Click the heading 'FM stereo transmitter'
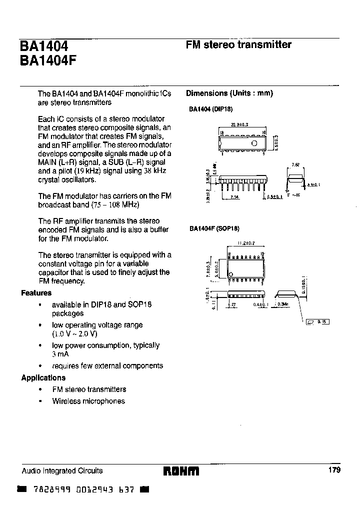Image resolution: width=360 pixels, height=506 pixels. click(238, 44)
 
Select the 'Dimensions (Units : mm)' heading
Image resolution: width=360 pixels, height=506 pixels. click(229, 93)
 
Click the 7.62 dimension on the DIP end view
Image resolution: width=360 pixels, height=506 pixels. click(295, 164)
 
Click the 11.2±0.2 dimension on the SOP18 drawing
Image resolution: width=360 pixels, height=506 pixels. click(246, 243)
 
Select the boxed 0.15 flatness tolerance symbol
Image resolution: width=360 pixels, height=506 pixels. click(317, 322)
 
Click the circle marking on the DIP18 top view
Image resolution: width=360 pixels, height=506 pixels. click(254, 143)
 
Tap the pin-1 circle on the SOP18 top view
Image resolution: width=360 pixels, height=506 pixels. click(230, 274)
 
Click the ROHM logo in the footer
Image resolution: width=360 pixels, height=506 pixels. click(181, 471)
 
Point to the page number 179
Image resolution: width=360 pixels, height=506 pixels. click(334, 470)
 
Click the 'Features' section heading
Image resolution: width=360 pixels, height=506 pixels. click(36, 293)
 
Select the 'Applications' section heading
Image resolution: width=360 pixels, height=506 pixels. click(43, 378)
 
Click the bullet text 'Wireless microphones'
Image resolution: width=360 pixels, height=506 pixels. click(88, 401)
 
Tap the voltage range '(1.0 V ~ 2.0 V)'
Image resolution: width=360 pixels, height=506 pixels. click(74, 334)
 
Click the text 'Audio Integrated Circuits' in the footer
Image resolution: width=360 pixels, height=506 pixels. click(62, 470)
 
